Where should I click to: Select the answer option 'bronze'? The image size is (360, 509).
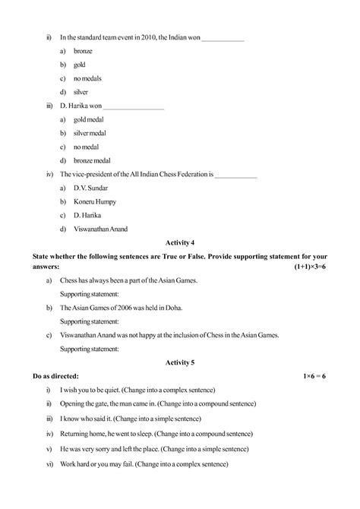pyautogui.click(x=83, y=50)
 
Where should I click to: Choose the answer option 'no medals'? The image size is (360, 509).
pyautogui.click(x=87, y=78)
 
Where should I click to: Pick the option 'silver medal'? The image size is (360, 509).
pyautogui.click(x=90, y=133)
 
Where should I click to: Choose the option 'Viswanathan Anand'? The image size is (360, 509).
pyautogui.click(x=100, y=229)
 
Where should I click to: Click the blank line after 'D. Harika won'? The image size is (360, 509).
pyautogui.click(x=133, y=106)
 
